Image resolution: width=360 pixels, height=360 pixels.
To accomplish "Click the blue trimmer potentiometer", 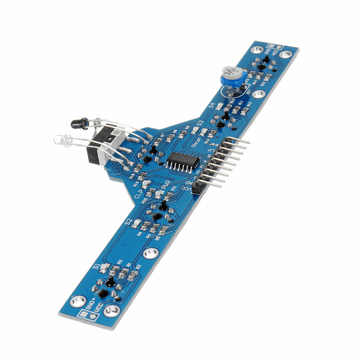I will click(231, 76).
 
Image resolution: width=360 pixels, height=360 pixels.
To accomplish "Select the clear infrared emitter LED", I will click(63, 140).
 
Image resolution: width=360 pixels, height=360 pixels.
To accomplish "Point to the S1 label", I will click(96, 266).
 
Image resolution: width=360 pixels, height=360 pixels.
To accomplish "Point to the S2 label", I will click(128, 221).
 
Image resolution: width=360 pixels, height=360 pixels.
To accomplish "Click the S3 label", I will click(200, 122).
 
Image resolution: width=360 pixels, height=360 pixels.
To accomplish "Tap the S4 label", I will click(211, 106).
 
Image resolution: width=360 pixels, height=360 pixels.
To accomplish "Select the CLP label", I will click(139, 194).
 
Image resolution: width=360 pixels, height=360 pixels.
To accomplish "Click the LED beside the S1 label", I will click(104, 268).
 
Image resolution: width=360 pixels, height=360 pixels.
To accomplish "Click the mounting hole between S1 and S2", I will click(151, 253).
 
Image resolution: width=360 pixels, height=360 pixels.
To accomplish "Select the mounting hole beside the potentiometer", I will click(258, 94).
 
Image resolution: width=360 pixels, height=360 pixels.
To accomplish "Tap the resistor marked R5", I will click(163, 230).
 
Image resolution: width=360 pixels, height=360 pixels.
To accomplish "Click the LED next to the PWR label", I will click(159, 194).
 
